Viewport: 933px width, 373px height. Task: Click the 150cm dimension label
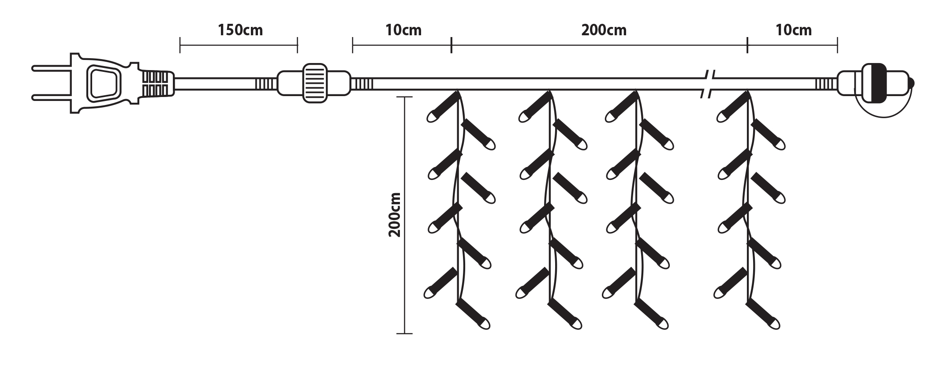pyautogui.click(x=240, y=30)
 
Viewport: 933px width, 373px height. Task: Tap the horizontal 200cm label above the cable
pyautogui.click(x=604, y=30)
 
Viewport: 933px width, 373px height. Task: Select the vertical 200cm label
pyautogui.click(x=394, y=215)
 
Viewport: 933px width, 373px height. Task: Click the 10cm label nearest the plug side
pyautogui.click(x=403, y=30)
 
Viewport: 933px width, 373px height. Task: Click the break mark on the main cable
pyautogui.click(x=708, y=83)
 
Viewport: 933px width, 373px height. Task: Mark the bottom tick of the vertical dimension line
pyautogui.click(x=405, y=333)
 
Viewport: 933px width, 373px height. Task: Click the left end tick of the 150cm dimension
pyautogui.click(x=180, y=45)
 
